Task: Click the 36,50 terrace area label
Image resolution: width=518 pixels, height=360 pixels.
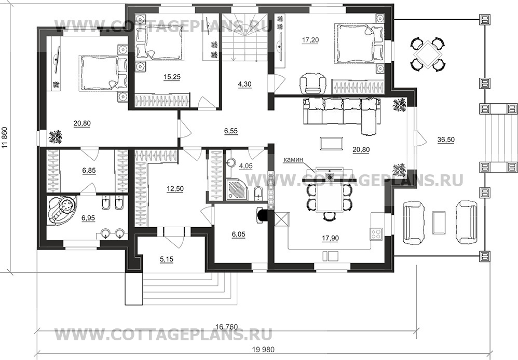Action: click(x=446, y=140)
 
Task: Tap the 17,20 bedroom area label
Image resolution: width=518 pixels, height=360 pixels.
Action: click(x=310, y=40)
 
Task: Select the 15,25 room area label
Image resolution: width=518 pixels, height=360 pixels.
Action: click(x=172, y=77)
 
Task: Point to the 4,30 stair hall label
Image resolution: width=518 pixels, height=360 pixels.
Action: click(x=244, y=84)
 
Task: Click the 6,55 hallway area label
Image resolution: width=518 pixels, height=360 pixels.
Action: click(x=231, y=131)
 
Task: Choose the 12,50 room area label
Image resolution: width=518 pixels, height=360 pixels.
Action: click(x=175, y=189)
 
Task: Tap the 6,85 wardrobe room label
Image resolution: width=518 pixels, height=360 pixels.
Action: click(x=89, y=171)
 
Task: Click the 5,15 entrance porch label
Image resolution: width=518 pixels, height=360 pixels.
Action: click(x=167, y=259)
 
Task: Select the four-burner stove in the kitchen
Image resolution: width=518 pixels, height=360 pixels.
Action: click(x=376, y=233)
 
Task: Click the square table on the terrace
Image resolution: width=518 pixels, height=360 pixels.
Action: click(x=427, y=53)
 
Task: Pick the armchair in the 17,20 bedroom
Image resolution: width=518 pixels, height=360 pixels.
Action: click(x=312, y=83)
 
